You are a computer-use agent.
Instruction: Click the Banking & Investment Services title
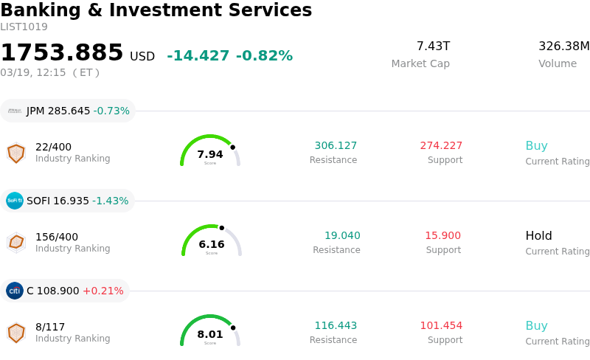tap(156, 10)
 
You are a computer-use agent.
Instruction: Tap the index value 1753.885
tap(62, 53)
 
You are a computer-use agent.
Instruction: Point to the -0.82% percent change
tap(264, 56)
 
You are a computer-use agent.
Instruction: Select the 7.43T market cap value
tap(433, 46)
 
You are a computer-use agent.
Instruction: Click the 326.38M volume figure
tap(563, 46)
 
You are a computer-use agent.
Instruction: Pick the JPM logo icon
tap(15, 111)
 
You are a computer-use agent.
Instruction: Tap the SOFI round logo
tap(15, 201)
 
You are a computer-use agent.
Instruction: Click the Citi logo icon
tap(15, 291)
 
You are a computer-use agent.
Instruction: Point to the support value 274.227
tap(441, 145)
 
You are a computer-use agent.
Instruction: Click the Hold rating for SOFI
tap(538, 236)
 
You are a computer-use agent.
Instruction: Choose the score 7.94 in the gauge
tap(210, 154)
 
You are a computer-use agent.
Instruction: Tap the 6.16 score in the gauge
tap(212, 244)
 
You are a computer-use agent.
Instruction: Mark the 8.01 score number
tap(210, 334)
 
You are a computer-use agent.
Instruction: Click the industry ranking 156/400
tap(57, 237)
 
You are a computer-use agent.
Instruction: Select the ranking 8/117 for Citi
tap(50, 327)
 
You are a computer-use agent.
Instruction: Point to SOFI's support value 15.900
tap(442, 236)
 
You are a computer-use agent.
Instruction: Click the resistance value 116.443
tap(336, 325)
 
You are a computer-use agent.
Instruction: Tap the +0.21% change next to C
tap(103, 291)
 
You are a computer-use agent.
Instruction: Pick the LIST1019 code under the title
tap(24, 27)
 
